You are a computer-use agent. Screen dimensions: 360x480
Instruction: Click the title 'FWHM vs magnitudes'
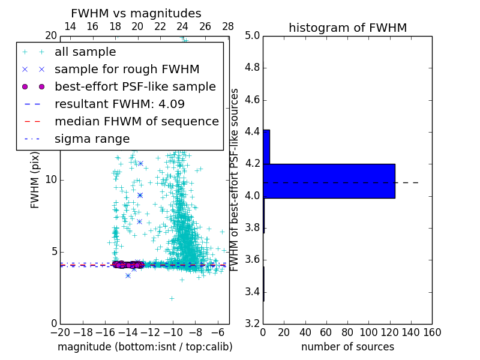tap(136, 13)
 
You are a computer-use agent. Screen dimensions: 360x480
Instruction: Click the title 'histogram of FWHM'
tap(347, 28)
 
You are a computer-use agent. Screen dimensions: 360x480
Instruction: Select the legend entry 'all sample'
tap(85, 52)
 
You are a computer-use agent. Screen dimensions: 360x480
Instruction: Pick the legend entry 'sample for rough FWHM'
tap(127, 69)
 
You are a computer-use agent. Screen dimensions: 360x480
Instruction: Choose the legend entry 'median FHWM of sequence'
tap(136, 121)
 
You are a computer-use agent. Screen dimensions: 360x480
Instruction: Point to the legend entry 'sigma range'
tap(92, 139)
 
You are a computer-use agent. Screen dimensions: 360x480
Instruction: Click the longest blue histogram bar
tap(329, 181)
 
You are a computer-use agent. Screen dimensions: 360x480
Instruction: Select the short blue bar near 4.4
tap(266, 146)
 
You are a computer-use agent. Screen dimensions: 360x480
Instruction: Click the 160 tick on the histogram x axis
tap(431, 332)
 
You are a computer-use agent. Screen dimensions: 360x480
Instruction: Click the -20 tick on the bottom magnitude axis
tap(60, 332)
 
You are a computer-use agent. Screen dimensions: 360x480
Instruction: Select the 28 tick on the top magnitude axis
tap(228, 27)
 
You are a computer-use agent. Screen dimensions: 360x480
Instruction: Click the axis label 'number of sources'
tap(347, 347)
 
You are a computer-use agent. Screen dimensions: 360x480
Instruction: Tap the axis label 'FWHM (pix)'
tap(35, 180)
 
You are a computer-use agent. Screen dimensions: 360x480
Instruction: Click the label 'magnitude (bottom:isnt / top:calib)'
tap(145, 347)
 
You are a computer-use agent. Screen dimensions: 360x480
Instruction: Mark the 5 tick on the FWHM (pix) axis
tap(53, 252)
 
